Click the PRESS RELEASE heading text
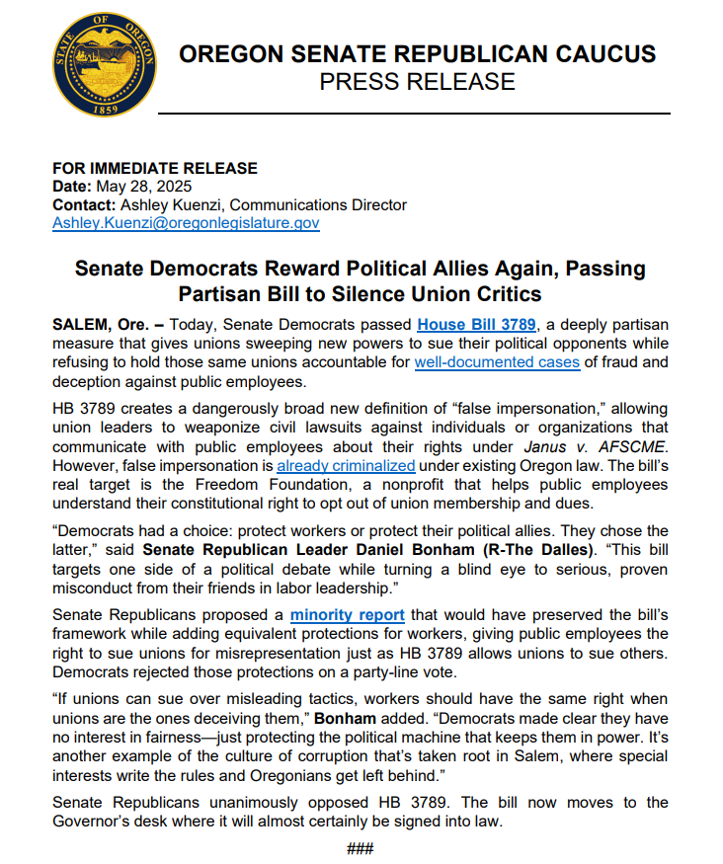(x=416, y=81)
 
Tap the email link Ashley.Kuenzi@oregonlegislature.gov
(x=185, y=223)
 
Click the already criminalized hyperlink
(x=346, y=464)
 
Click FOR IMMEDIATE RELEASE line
(x=154, y=168)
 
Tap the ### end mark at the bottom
(x=361, y=848)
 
